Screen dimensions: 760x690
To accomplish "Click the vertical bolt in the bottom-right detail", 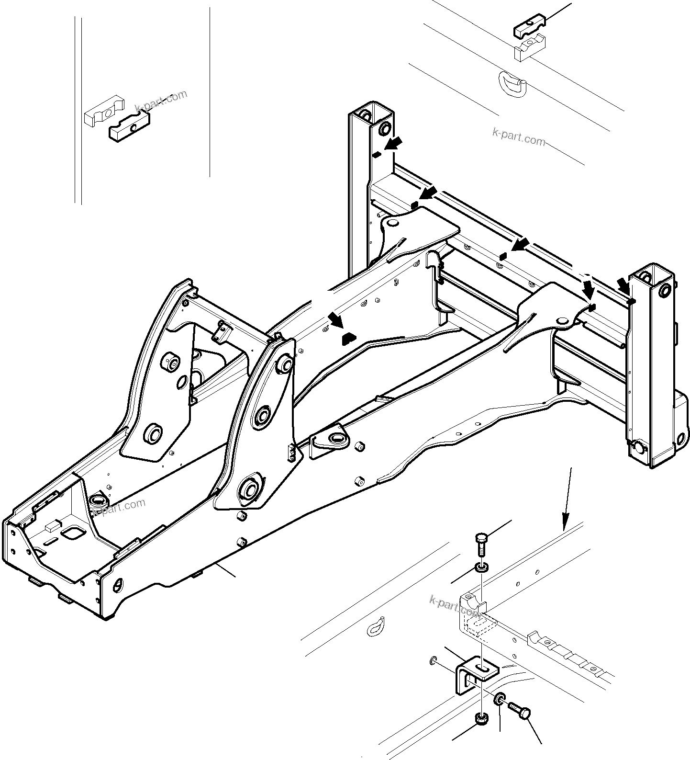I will coord(481,543).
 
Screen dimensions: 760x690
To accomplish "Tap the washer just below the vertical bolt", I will coord(481,568).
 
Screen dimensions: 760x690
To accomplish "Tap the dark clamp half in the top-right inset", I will coord(531,30).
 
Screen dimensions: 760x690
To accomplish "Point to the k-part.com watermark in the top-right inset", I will coord(518,136).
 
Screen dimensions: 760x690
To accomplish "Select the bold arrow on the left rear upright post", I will coord(394,143).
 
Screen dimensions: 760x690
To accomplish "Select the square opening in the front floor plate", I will coord(73,533).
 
